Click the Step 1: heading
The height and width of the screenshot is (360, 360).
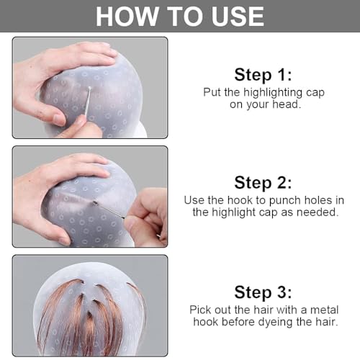[263, 74]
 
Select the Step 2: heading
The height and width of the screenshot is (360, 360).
[263, 182]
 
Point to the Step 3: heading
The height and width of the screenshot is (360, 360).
[263, 292]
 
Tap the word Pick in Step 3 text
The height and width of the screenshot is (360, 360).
[202, 309]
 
